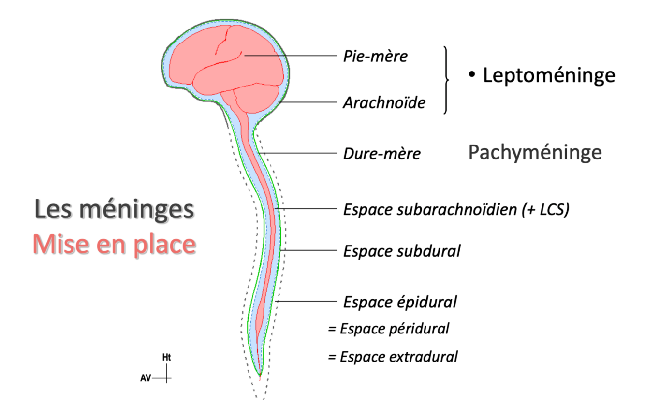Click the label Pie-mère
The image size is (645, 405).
(x=375, y=57)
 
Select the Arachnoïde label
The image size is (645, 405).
(x=384, y=102)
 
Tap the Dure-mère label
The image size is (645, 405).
(x=381, y=154)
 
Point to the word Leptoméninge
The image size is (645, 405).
(x=549, y=75)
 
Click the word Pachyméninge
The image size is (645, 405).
(x=535, y=153)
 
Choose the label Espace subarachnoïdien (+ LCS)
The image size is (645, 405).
(x=456, y=210)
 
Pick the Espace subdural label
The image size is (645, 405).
(x=401, y=251)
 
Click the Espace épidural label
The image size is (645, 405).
(x=400, y=302)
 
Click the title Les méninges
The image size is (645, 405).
(x=115, y=210)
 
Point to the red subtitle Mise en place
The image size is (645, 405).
(x=114, y=245)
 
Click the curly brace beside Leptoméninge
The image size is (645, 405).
(x=446, y=80)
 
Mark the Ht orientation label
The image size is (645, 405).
(x=167, y=358)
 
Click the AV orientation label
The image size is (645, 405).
(x=146, y=378)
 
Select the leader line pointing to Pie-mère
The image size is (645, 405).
(x=290, y=56)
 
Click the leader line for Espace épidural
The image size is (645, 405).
(x=307, y=302)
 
